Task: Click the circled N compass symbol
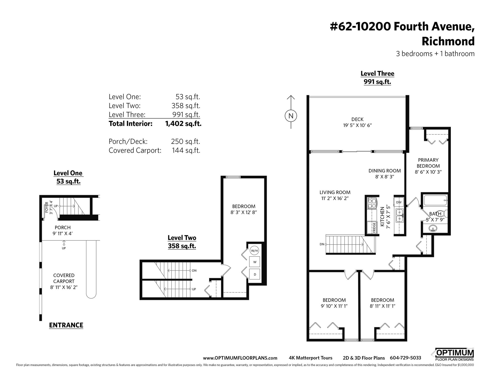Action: click(291, 116)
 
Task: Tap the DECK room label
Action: click(357, 119)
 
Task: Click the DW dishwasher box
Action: click(399, 202)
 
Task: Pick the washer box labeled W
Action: click(255, 262)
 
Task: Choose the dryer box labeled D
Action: click(255, 274)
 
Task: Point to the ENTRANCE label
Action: click(66, 325)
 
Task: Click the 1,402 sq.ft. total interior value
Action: click(183, 124)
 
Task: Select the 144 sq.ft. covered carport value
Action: click(186, 150)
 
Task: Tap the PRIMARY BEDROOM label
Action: click(428, 163)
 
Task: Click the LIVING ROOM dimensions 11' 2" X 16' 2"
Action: click(335, 198)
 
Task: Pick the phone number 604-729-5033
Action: click(405, 358)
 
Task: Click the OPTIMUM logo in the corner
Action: click(453, 354)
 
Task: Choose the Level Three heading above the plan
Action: click(377, 73)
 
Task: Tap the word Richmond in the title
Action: click(448, 41)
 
